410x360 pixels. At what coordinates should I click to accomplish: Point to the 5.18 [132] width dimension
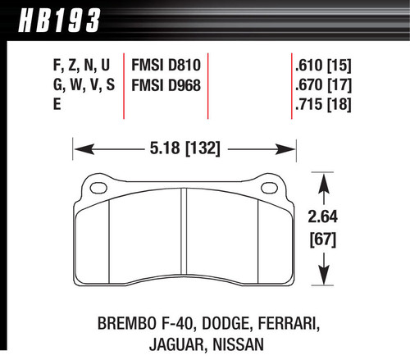pos(185,150)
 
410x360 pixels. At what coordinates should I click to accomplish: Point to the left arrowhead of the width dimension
pos(80,150)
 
